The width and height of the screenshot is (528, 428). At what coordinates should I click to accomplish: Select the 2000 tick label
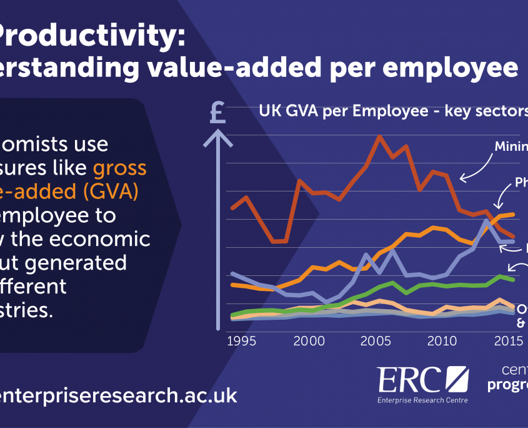tap(309, 341)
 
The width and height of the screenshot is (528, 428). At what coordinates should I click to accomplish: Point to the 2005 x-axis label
tap(377, 341)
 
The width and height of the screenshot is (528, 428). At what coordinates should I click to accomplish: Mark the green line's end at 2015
tap(513, 279)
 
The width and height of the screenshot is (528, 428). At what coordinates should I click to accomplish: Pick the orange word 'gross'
tap(119, 168)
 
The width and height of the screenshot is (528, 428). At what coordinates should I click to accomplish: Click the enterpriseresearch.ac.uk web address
tap(119, 395)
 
